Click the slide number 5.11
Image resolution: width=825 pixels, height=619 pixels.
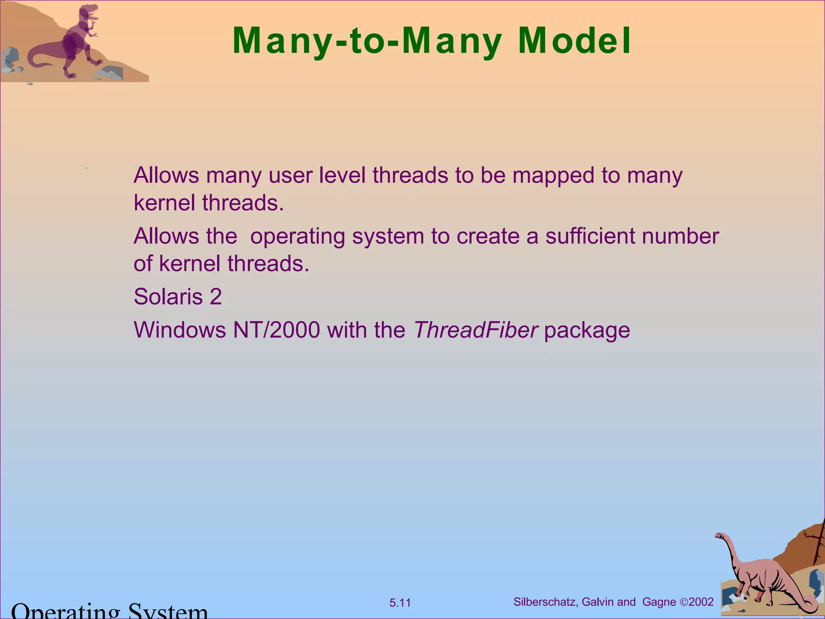tap(400, 603)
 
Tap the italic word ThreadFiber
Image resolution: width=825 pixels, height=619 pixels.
tap(475, 330)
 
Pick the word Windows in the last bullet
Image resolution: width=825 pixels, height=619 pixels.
tap(180, 330)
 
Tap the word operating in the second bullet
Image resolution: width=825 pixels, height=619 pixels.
tap(297, 237)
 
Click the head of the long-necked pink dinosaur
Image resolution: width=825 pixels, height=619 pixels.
tap(719, 536)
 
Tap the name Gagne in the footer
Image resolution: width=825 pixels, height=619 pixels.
tap(659, 602)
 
